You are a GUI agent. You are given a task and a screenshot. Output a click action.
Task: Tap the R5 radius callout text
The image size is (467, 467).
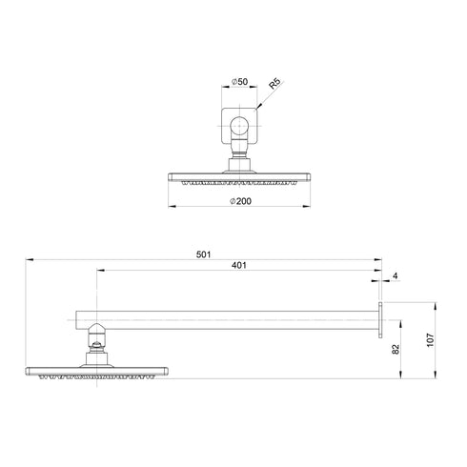coord(274,88)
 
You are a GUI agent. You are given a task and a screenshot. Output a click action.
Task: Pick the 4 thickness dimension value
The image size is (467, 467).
coord(394,276)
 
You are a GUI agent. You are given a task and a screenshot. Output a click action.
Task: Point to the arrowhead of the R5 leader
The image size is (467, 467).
coord(257,111)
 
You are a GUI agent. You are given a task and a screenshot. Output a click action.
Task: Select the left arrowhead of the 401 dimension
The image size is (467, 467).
coord(99,272)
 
